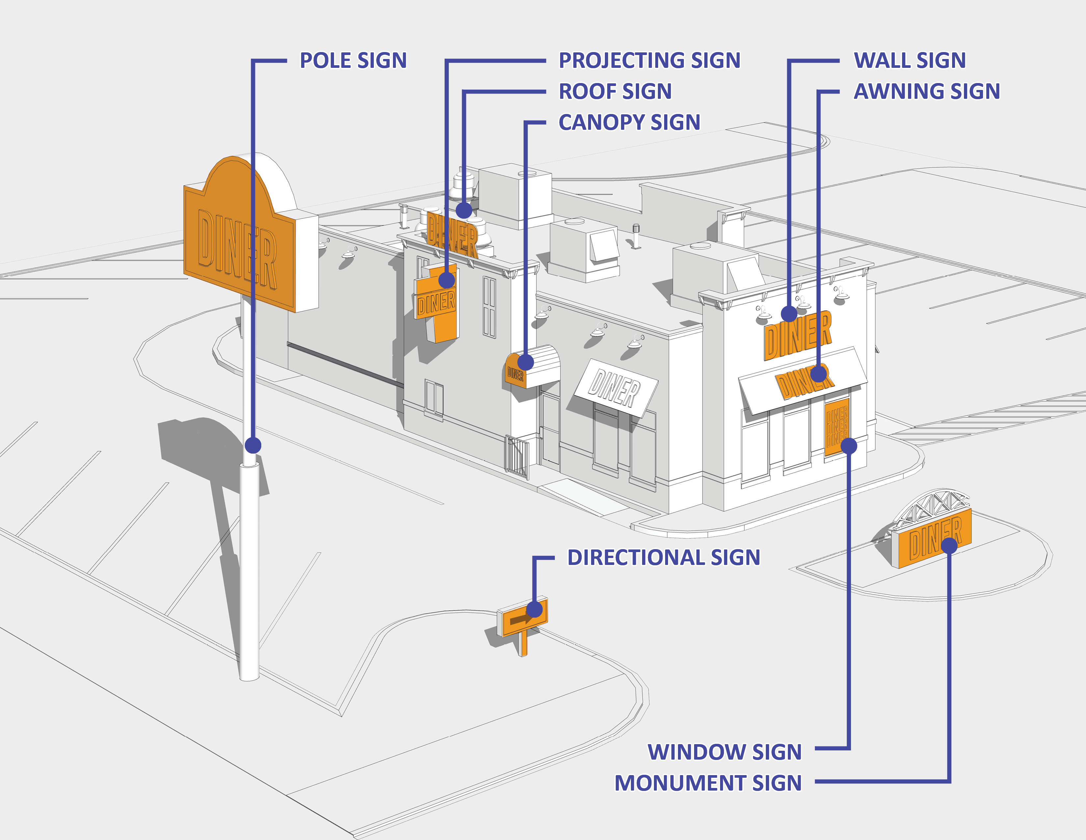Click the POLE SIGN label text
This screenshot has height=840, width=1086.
[353, 61]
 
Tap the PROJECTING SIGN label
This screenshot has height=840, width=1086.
[649, 61]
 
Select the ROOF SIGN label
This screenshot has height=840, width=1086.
[615, 92]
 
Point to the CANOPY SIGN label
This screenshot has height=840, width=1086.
[629, 123]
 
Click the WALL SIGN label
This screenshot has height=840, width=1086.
[910, 61]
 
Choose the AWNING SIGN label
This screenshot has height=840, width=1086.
[926, 92]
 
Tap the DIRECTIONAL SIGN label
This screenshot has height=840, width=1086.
[663, 557]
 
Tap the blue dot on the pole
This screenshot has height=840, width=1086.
[253, 445]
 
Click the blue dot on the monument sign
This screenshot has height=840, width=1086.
[949, 546]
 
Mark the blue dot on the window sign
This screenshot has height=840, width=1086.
[849, 446]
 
